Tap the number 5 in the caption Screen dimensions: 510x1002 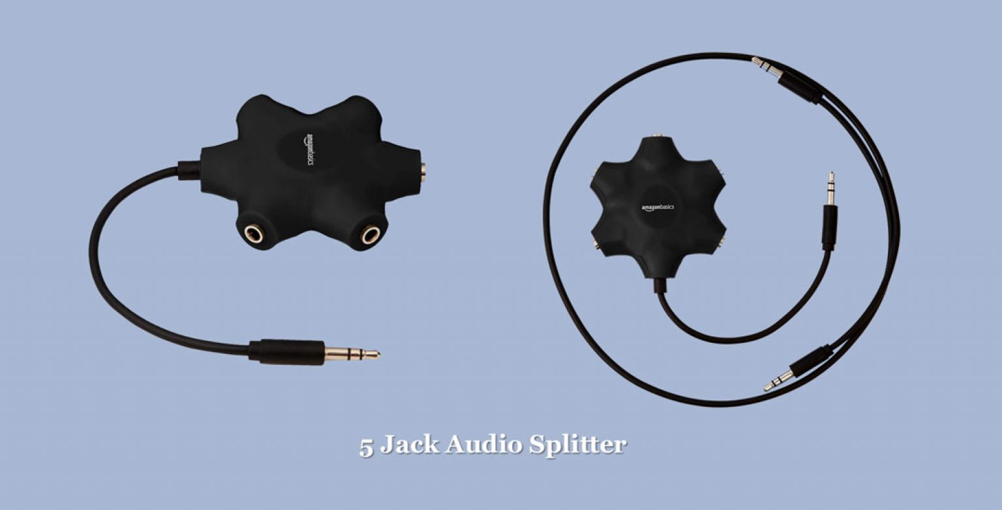click(366, 447)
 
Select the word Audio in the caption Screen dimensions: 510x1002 click(483, 445)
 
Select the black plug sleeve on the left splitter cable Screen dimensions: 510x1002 click(287, 351)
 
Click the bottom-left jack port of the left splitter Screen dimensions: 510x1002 click(253, 233)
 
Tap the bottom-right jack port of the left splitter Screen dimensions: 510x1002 click(371, 234)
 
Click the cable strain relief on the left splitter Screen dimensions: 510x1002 click(189, 170)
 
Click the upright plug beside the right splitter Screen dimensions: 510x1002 click(830, 212)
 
